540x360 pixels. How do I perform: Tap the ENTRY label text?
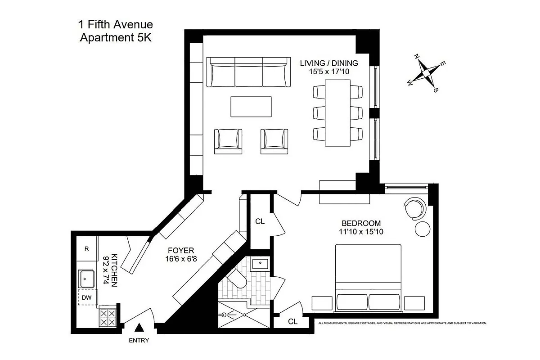tap(139, 341)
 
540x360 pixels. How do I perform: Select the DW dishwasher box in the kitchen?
tap(86, 297)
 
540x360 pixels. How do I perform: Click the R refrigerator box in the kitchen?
tap(86, 248)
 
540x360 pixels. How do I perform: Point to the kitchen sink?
tap(86, 279)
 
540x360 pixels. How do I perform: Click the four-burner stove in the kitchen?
tap(108, 317)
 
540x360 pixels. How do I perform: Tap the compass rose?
tap(425, 72)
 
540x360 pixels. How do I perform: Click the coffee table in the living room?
tap(252, 107)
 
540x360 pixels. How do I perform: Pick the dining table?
tap(337, 112)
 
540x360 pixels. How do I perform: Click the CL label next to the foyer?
tap(260, 221)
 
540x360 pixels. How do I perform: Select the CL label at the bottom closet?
tap(293, 321)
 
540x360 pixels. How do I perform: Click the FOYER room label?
tap(181, 250)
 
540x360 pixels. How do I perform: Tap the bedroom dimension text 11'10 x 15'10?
tap(361, 232)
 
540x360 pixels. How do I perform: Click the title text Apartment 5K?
tap(116, 38)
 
